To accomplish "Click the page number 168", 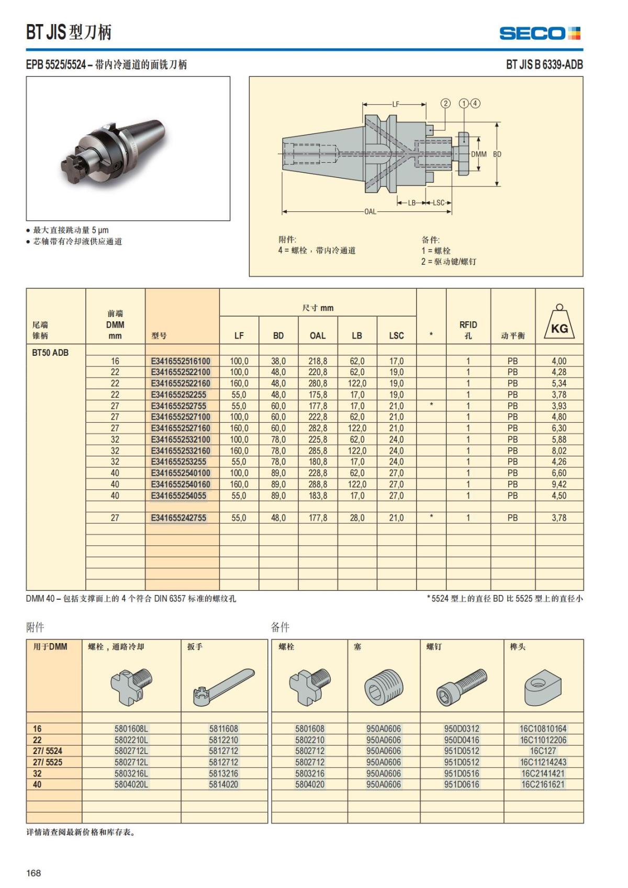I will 33,873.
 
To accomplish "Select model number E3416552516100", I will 181,361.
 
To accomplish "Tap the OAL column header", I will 318,335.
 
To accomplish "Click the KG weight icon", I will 559,323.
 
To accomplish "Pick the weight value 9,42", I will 559,485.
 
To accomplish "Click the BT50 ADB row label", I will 50,353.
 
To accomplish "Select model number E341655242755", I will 178,518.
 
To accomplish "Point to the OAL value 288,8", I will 318,485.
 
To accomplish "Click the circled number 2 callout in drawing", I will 445,103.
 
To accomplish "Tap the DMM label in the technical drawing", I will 479,154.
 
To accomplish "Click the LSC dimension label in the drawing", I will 439,203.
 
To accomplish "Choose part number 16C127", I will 543,751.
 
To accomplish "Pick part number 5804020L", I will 131,784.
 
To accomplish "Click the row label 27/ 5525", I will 48,762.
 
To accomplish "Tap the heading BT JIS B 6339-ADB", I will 544,65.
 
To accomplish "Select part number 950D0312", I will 462,728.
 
